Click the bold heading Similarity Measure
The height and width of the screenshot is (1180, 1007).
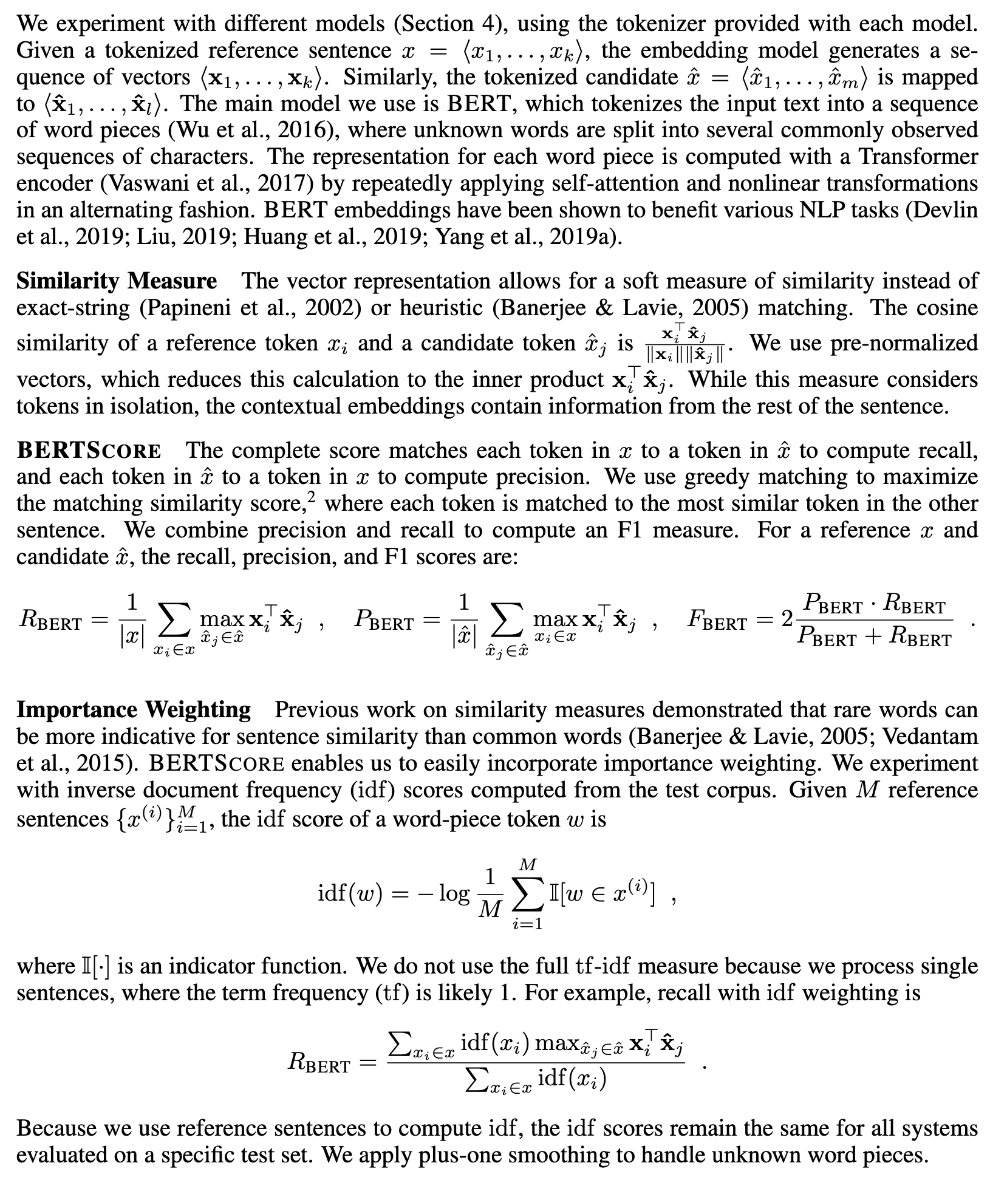[116, 281]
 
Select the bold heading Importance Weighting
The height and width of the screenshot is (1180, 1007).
[133, 709]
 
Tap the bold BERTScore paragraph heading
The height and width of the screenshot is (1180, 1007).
[89, 451]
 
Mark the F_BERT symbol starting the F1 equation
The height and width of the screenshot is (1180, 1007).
[717, 621]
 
